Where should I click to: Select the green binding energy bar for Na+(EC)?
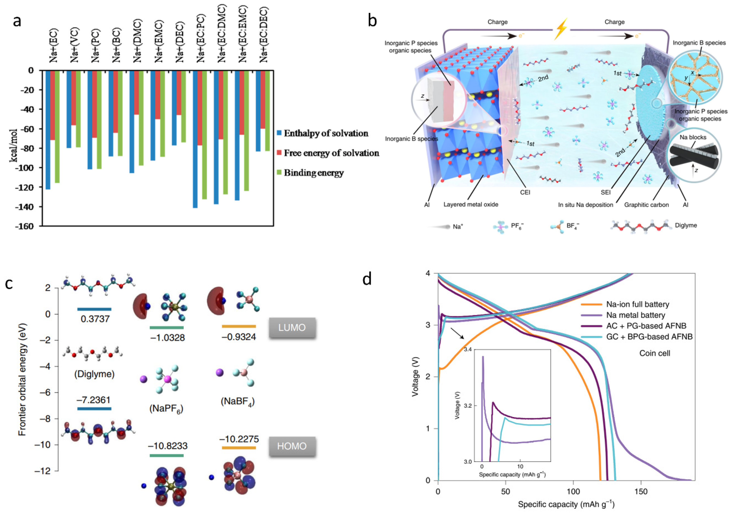pyautogui.click(x=57, y=127)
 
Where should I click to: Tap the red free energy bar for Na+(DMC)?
pyautogui.click(x=137, y=92)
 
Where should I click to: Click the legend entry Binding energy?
pyautogui.click(x=313, y=173)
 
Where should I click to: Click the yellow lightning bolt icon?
pyautogui.click(x=561, y=29)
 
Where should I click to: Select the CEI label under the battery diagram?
pyautogui.click(x=525, y=192)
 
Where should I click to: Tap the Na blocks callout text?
pyautogui.click(x=693, y=137)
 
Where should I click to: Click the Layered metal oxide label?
pyautogui.click(x=471, y=204)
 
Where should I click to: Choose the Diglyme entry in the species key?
pyautogui.click(x=685, y=225)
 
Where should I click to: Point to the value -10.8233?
pyautogui.click(x=168, y=446)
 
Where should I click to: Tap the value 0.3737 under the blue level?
pyautogui.click(x=95, y=319)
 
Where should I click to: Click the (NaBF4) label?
pyautogui.click(x=238, y=401)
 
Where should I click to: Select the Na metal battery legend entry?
pyautogui.click(x=635, y=315)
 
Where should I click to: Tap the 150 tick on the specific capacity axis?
pyautogui.click(x=641, y=491)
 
